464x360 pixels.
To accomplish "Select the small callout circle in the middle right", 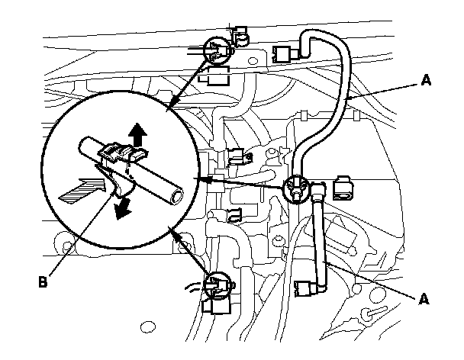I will pos(295,189).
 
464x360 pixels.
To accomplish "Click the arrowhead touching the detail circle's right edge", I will pos(200,179).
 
